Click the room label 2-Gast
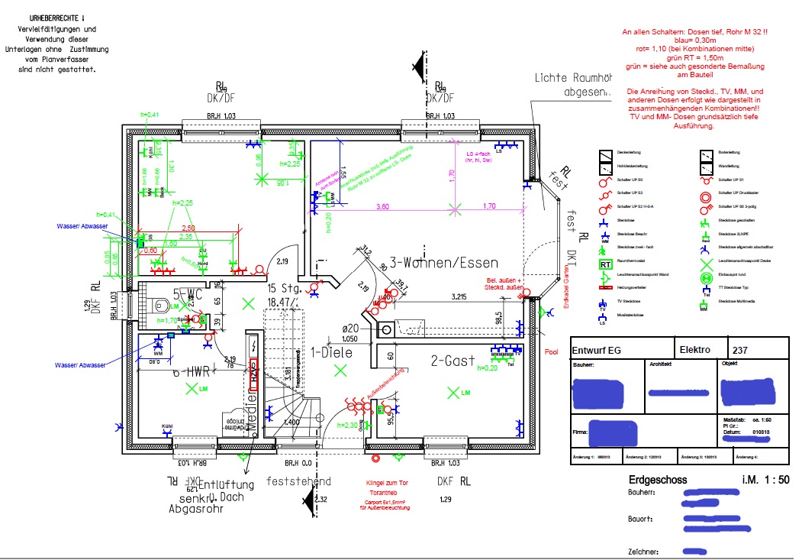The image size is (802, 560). tap(452, 360)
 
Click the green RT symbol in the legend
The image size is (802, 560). tap(605, 264)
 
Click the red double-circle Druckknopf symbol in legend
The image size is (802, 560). tap(706, 193)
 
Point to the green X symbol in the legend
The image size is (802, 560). tap(706, 262)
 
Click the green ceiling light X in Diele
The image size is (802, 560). tap(340, 370)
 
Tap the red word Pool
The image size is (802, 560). tap(552, 353)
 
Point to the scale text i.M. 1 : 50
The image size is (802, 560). tap(765, 480)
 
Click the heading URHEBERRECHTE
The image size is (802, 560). tap(57, 16)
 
